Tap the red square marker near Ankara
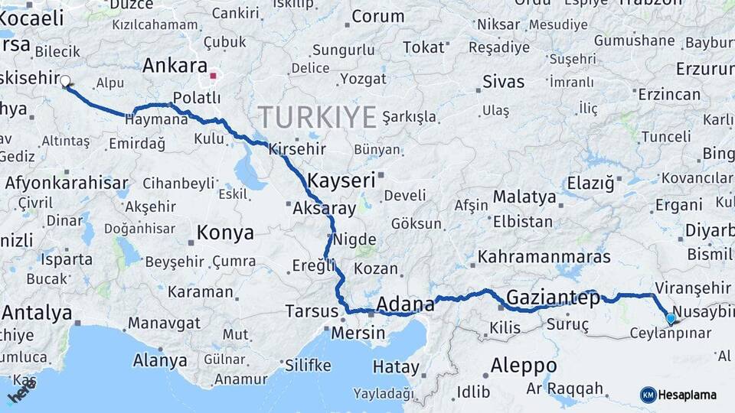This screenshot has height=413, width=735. pos(214,76)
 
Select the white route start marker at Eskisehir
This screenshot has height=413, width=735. pos(65,80)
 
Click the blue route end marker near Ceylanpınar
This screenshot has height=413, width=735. pos(671,318)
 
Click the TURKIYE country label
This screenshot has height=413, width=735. pos(317,117)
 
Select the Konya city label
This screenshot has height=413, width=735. pos(224,232)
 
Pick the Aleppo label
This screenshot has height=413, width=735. pos(524,364)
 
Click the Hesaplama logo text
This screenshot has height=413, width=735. pos(690,395)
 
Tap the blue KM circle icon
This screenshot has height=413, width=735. pos(648,395)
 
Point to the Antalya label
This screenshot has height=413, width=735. pos(37,313)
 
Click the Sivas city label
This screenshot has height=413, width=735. pos(504,82)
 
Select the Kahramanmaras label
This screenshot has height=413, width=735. pos(544,257)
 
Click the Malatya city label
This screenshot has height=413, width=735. pos(524,197)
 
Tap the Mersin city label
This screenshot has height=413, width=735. pos(358,333)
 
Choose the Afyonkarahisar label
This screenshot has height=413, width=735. pos(66,183)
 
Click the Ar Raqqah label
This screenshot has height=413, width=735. pos(565,389)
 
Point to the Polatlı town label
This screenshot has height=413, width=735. pos(197,98)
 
